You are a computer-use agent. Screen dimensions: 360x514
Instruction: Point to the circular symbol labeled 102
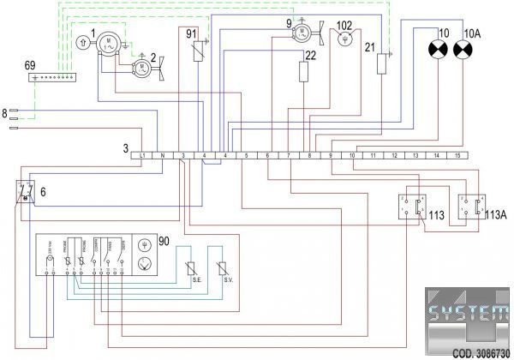pos(345,39)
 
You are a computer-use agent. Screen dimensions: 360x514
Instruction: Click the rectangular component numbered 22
pos(303,70)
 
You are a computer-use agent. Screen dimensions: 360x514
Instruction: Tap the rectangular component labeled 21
pos(383,63)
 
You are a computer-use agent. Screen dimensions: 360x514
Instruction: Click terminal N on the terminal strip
pos(162,155)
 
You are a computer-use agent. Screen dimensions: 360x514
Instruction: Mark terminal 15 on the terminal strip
pos(458,155)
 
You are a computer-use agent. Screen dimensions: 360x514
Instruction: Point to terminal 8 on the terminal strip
pos(309,155)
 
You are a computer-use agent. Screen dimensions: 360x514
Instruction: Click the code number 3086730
pos(481,351)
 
